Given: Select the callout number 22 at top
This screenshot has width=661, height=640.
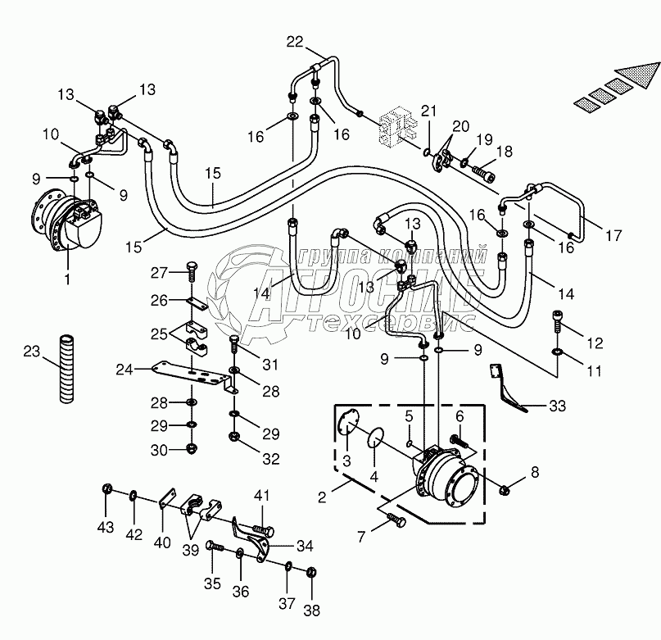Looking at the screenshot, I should click(x=295, y=43).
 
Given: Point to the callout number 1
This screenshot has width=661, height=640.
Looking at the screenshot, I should click(x=68, y=279).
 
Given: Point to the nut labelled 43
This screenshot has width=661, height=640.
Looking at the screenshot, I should click(x=107, y=489).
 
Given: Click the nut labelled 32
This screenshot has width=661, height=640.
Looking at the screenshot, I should click(x=235, y=436).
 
